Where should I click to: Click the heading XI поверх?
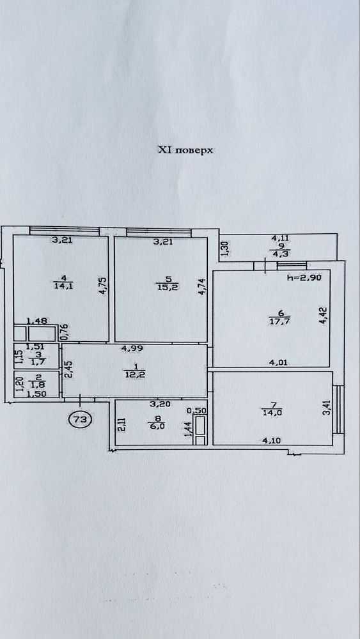click(x=185, y=150)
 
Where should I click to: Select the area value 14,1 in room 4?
click(x=63, y=286)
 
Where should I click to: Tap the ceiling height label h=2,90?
click(x=304, y=279)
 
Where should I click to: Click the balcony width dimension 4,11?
click(x=281, y=240)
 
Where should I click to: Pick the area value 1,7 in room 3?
click(x=36, y=361)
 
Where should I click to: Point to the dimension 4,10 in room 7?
click(x=271, y=440)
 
